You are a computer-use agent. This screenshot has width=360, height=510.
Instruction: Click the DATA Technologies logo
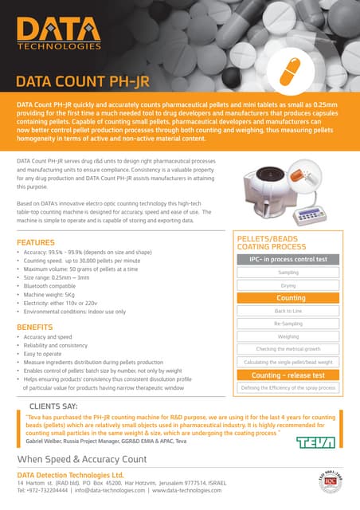[57, 34]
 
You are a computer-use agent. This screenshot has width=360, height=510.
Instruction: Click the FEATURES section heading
[36, 242]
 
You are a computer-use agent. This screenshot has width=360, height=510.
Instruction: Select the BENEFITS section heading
[35, 328]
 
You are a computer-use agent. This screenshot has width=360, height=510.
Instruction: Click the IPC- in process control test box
[288, 259]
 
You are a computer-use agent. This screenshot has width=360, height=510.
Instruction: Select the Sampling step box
[288, 273]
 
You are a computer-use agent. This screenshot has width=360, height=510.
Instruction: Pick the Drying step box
[288, 284]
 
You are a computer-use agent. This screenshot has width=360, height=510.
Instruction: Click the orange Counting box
[288, 298]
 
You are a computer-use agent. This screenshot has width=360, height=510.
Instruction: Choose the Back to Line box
[288, 311]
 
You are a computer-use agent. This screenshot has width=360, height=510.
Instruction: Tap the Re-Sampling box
[288, 324]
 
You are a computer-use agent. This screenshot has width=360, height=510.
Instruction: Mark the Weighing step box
[288, 336]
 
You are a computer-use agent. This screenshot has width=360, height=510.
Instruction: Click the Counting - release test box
[288, 375]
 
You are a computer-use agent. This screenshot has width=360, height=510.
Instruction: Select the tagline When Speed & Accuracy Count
[82, 460]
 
